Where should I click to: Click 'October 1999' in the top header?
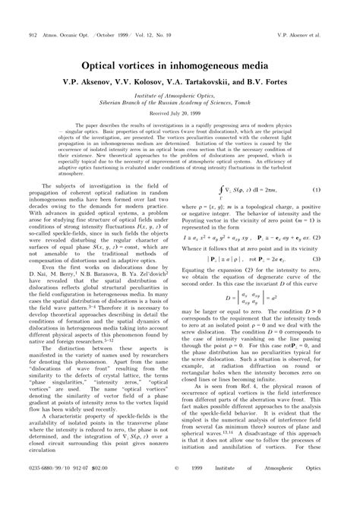98,14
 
